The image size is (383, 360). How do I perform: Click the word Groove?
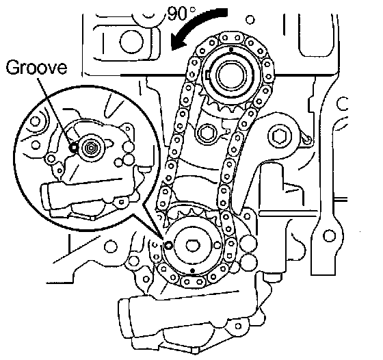(x=36, y=68)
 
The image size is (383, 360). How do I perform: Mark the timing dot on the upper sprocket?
(x=231, y=49)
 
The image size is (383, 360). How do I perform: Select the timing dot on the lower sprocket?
(x=193, y=270)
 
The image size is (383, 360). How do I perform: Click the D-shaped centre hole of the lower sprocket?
(x=193, y=245)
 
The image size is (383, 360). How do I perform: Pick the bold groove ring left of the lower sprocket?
(x=168, y=245)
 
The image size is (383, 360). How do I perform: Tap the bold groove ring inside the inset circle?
(x=74, y=147)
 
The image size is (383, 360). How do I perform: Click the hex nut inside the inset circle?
(x=92, y=149)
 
